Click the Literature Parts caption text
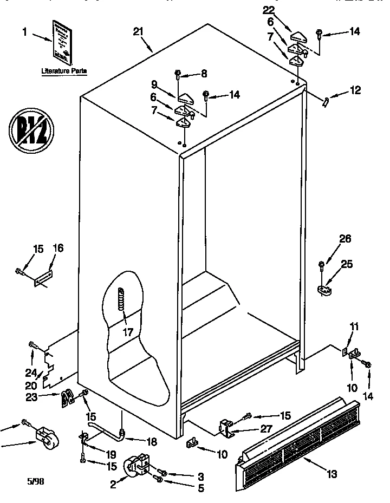pyautogui.click(x=64, y=71)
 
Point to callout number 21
pyautogui.click(x=139, y=32)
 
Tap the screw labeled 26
pyautogui.click(x=322, y=266)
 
